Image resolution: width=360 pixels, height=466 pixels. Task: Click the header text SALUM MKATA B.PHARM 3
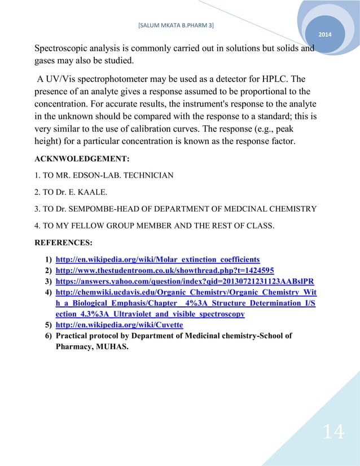tap(179, 25)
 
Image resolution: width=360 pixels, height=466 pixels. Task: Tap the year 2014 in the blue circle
tap(325, 36)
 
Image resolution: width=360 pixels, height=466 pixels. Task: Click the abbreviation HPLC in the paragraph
tap(279, 78)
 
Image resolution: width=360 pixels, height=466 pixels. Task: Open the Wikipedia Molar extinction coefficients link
tap(157, 260)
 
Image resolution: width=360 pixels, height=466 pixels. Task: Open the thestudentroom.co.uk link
tap(165, 270)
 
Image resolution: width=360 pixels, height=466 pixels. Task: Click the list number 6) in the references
tap(48, 336)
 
